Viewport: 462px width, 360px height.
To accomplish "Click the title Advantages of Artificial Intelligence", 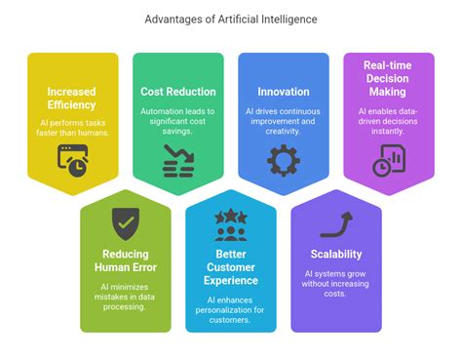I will coord(230,19).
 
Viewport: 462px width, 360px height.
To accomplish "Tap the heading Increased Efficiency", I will coord(71,99).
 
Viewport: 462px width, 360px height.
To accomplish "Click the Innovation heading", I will coord(283,91).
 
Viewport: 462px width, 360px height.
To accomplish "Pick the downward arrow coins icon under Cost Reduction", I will coord(177,158).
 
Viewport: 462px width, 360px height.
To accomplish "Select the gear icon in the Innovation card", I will coord(283,158).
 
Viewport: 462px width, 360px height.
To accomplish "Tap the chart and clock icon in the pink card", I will coord(389,159).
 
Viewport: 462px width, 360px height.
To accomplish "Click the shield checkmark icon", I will coord(125,222).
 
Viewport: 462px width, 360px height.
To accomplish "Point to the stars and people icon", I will coord(231,223).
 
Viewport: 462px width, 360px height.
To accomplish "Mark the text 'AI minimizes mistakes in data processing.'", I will coord(125,298).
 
